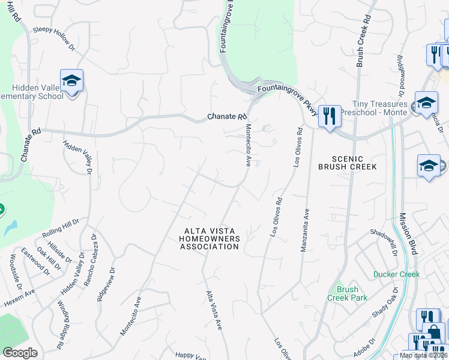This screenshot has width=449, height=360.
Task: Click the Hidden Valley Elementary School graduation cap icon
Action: click(71, 80)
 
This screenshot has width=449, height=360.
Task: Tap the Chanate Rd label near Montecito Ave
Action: click(228, 116)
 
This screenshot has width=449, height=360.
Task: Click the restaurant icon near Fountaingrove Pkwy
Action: click(329, 115)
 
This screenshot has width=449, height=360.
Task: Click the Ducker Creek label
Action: click(396, 274)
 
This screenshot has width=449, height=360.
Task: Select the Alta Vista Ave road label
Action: click(215, 310)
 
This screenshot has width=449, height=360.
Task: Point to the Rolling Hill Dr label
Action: click(61, 227)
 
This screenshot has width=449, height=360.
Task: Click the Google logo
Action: click(20, 353)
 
